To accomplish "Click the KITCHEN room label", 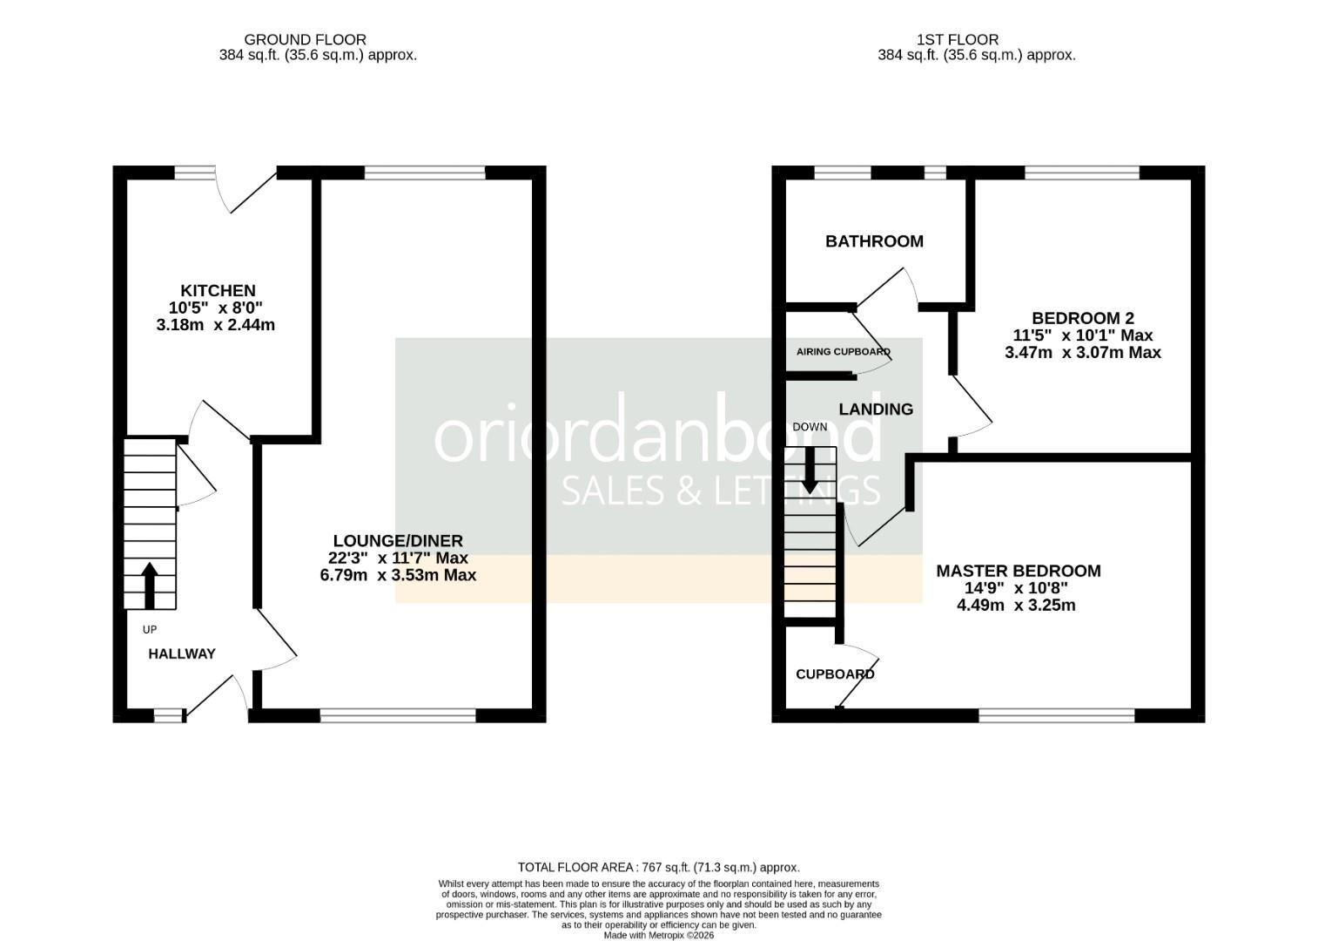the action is pos(218,290).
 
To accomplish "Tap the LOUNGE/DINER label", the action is pos(398,540).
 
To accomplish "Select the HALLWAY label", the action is pos(182,653).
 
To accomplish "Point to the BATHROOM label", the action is pos(874,241).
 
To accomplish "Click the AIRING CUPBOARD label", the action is pos(844,352).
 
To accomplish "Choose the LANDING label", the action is pos(876,410).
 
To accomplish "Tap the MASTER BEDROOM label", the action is pos(1019,571).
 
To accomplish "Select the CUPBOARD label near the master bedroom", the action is pos(835,674).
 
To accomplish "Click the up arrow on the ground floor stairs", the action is pos(150,586).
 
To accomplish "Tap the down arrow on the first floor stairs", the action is pos(810,470).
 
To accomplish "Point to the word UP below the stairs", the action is pos(150,629).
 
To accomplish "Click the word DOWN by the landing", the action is pos(810,427).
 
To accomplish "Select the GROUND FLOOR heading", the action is pos(306,39).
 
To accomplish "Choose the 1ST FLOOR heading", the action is pos(958,39).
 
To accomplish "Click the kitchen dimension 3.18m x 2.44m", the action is pos(215,324).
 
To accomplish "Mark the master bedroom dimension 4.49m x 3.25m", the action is pos(1016,605).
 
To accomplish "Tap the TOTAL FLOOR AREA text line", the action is pos(659,868).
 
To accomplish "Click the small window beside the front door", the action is pos(168,715).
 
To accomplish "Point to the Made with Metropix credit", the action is pos(659,935).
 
